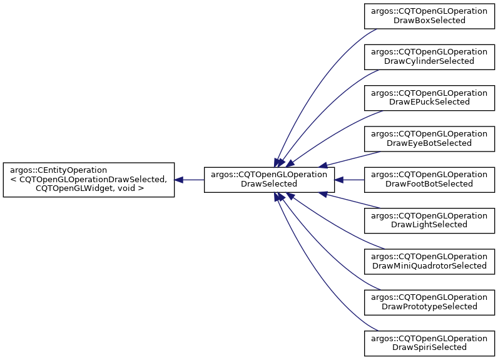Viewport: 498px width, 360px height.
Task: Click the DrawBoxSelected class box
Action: (429, 16)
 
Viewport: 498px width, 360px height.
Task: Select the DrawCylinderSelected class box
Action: (429, 57)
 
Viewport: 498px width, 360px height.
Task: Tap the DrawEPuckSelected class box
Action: (429, 98)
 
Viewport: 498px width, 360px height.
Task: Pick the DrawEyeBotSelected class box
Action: (429, 139)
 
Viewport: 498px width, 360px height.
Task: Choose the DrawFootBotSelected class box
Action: (429, 180)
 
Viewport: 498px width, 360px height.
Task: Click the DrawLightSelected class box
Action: (429, 221)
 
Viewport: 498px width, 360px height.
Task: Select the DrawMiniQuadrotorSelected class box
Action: (429, 262)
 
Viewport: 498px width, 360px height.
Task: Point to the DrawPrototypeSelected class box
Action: (429, 302)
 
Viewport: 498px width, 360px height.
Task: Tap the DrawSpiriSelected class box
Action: (429, 344)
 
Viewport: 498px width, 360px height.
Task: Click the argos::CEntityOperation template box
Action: (89, 180)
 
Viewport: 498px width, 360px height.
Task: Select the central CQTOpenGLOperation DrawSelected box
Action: (269, 180)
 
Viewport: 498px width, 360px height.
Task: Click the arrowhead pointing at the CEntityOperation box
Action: (178, 180)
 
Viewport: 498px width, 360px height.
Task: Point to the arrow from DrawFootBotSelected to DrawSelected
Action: (349, 180)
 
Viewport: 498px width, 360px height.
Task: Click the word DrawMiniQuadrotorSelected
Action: (429, 266)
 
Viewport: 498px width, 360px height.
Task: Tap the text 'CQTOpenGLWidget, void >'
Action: (90, 188)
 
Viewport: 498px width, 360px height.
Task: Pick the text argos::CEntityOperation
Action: (58, 170)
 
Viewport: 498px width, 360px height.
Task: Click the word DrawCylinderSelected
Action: (429, 61)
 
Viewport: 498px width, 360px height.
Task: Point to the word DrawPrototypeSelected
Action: (429, 307)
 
